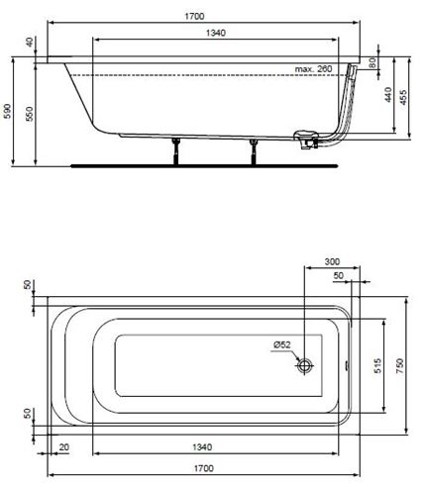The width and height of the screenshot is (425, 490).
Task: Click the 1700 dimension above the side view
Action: pos(194,16)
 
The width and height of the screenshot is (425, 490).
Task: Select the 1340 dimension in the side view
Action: pos(216,33)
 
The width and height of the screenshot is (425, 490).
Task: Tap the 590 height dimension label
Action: pos(7,111)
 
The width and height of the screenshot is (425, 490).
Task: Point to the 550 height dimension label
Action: pos(30,114)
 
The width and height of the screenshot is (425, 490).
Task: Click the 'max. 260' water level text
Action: pos(313,69)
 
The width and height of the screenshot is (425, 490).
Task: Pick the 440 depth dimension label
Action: pos(388,95)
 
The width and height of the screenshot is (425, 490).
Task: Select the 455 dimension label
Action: pos(403,97)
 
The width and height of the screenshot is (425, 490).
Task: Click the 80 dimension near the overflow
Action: pos(372,63)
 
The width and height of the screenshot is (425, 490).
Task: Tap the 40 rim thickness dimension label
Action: pos(30,43)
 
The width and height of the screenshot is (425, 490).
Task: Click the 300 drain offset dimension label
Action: pos(332,261)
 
